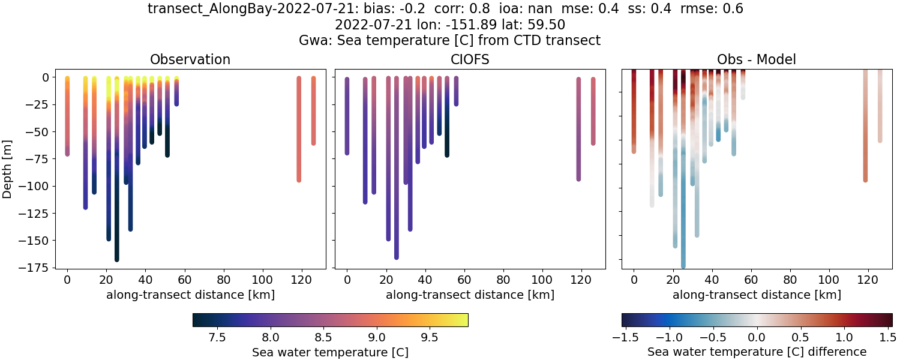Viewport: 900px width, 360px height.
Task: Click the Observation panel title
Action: [x=190, y=59]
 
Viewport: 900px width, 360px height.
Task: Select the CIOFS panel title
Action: [x=470, y=59]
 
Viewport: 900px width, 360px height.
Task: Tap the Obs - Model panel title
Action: [x=757, y=59]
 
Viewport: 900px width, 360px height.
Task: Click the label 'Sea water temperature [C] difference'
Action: [x=757, y=352]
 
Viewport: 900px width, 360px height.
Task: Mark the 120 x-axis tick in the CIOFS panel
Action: [x=581, y=279]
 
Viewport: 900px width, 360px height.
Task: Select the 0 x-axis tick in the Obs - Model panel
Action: [x=634, y=279]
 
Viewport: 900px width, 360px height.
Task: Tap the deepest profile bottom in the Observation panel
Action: [x=116, y=259]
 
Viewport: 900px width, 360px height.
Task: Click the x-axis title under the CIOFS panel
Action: [x=470, y=295]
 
